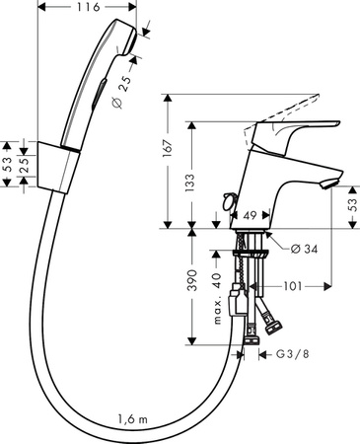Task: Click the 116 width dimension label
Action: click(88, 7)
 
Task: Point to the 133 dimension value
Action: click(190, 183)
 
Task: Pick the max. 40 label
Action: click(217, 299)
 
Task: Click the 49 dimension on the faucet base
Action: click(251, 216)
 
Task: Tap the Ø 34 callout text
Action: click(305, 249)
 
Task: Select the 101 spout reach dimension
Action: click(292, 286)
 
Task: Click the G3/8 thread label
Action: click(293, 354)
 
